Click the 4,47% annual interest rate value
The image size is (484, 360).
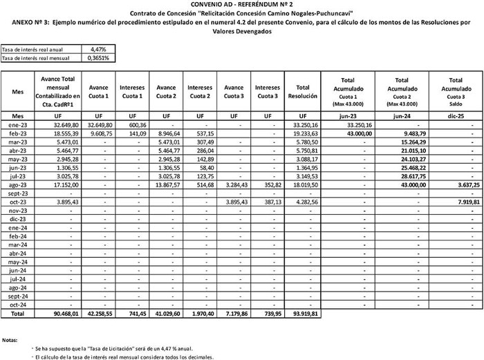98,50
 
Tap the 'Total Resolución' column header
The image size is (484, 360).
302,91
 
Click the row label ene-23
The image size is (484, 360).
18,124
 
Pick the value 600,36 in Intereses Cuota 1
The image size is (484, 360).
131,124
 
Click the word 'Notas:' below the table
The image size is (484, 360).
10,340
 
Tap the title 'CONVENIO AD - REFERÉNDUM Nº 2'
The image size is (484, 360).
241,5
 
